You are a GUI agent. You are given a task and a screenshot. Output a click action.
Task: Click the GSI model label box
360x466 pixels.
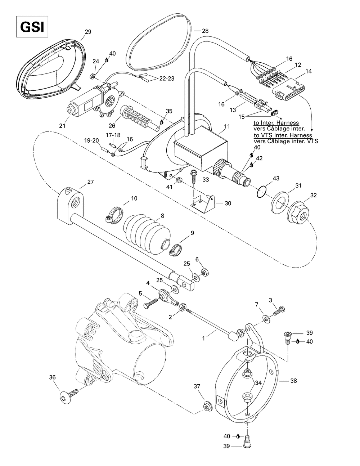click(32, 26)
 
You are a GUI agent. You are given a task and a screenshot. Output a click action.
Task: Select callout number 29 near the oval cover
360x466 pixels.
click(88, 32)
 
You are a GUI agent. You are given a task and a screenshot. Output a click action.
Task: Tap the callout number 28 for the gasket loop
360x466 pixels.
click(205, 31)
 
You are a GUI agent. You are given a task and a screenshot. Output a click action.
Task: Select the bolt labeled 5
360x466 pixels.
click(152, 303)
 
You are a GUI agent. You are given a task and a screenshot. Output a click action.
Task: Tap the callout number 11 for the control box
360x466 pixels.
click(226, 126)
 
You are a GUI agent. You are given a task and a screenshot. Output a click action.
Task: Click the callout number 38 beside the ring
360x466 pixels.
click(293, 381)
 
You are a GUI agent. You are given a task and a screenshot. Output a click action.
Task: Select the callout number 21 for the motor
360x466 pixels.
click(63, 125)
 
